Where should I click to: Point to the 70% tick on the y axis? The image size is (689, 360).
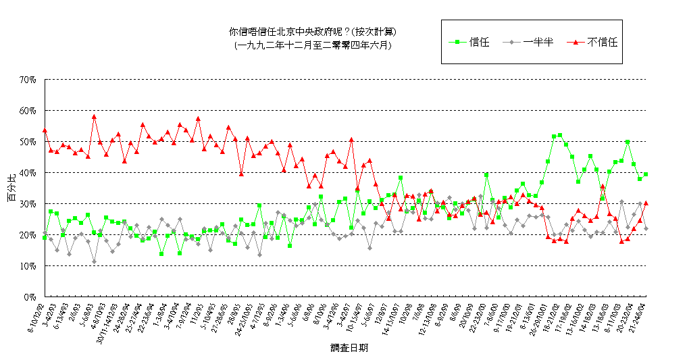pyautogui.click(x=27, y=80)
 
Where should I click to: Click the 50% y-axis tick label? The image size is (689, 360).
pyautogui.click(x=27, y=142)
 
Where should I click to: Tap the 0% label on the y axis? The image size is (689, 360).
pyautogui.click(x=29, y=297)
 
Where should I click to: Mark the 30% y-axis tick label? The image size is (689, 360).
pyautogui.click(x=27, y=204)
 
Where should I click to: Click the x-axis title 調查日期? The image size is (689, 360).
pyautogui.click(x=349, y=349)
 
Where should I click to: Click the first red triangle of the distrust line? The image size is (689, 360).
pyautogui.click(x=45, y=130)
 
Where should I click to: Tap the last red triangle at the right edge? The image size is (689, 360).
pyautogui.click(x=646, y=203)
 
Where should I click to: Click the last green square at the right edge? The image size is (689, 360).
pyautogui.click(x=646, y=174)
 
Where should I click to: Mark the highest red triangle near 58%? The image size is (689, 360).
pyautogui.click(x=94, y=116)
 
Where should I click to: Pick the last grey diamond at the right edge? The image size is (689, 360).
pyautogui.click(x=646, y=228)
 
